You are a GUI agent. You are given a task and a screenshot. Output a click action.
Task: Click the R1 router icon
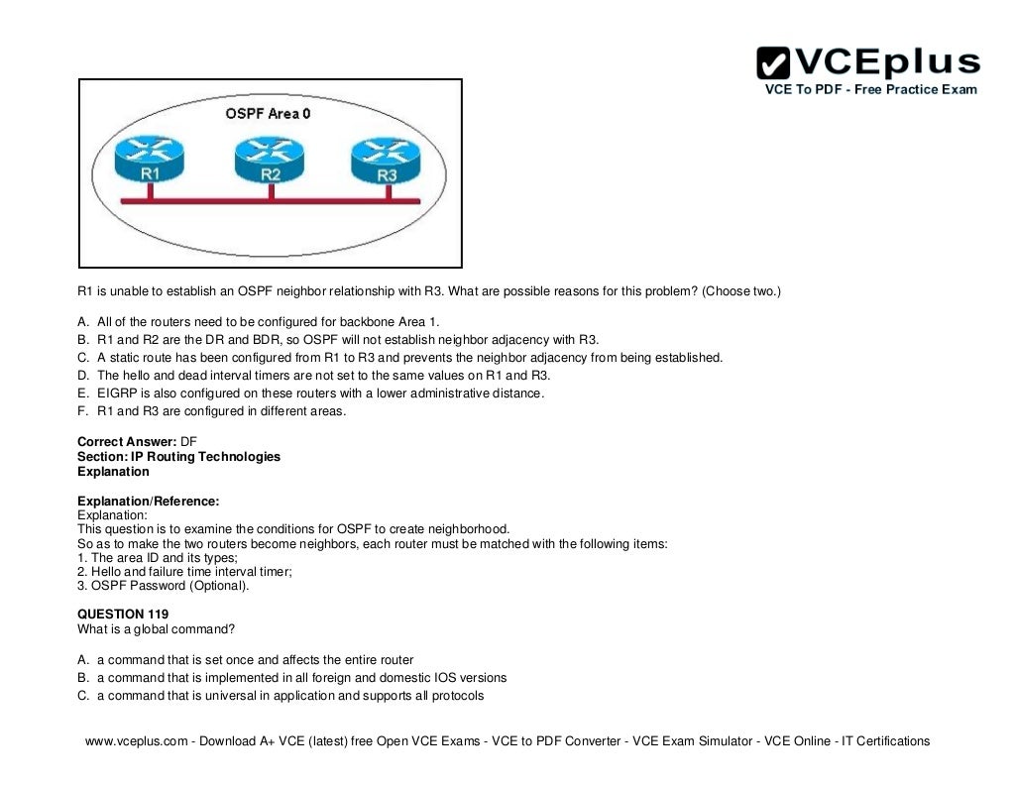coord(149,160)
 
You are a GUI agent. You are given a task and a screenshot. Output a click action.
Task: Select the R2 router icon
coord(271,160)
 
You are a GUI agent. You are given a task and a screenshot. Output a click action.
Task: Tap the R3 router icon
coord(388,160)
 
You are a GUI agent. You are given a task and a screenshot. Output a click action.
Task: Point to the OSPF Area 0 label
coord(268,114)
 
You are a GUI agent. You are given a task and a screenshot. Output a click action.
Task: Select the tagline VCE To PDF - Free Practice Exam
coord(870,89)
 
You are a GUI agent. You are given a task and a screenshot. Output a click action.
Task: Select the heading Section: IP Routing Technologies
coord(178,457)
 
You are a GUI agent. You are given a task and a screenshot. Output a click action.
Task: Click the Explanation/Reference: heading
coord(148,502)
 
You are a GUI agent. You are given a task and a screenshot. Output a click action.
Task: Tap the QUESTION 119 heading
coord(123,615)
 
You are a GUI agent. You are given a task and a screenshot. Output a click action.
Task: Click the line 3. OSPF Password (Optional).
coord(164,586)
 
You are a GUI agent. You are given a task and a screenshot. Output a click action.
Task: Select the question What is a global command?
coord(156,629)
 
